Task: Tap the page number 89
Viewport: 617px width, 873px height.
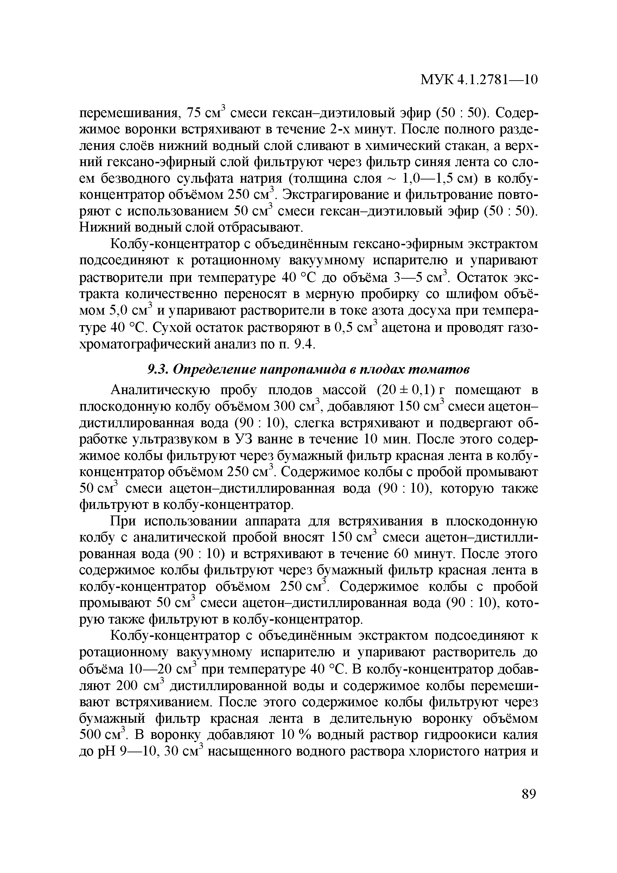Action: point(529,794)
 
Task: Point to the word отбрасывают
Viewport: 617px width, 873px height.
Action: point(259,228)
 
